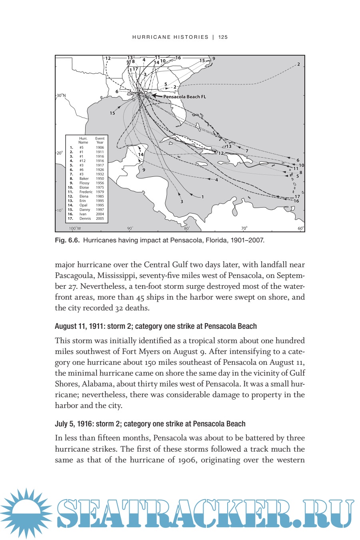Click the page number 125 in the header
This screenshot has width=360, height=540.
click(223, 37)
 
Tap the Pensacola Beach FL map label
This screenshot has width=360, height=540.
click(184, 97)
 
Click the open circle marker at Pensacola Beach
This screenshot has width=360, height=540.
click(146, 93)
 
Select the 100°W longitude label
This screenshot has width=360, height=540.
click(75, 228)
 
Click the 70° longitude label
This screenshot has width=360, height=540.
click(244, 228)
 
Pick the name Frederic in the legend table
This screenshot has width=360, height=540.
click(86, 192)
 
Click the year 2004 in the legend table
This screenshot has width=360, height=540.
click(100, 214)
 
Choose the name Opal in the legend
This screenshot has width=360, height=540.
click(83, 205)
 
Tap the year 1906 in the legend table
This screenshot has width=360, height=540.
click(100, 148)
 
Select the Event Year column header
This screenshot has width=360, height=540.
click(100, 140)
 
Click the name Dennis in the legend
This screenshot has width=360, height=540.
click(85, 218)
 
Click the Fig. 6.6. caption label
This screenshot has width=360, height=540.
click(68, 240)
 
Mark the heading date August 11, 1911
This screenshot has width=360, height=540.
click(80, 326)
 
